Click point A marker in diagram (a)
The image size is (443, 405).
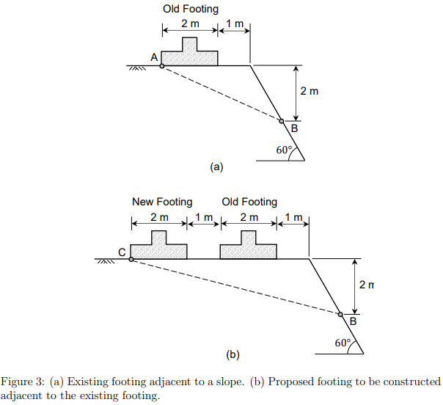161,66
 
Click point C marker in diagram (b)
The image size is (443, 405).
131,260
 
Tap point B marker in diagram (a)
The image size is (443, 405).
281,121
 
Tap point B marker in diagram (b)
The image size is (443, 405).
340,315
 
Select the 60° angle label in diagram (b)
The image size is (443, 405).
343,343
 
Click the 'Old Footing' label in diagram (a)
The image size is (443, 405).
191,10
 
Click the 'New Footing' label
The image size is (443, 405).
162,202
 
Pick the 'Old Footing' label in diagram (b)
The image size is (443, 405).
249,202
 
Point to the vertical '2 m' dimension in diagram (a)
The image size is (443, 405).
310,92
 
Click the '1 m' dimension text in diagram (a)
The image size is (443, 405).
235,24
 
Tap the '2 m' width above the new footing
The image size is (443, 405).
159,217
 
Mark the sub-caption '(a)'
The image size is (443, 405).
216,167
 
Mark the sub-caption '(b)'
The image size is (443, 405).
233,355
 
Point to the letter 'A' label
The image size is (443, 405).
154,56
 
